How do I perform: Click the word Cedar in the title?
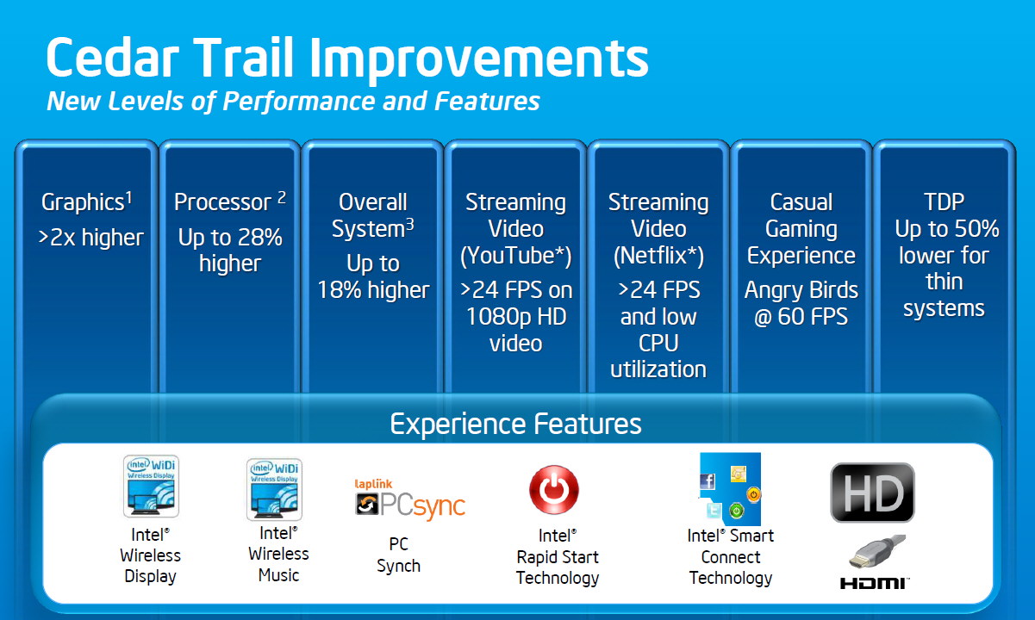pyautogui.click(x=112, y=57)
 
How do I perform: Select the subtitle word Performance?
pyautogui.click(x=299, y=102)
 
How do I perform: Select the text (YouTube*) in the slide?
pyautogui.click(x=515, y=256)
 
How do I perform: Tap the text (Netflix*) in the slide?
pyautogui.click(x=658, y=256)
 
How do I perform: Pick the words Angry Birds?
pyautogui.click(x=801, y=290)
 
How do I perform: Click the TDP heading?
pyautogui.click(x=944, y=201)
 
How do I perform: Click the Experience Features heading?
pyautogui.click(x=515, y=424)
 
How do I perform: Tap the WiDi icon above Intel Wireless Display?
pyautogui.click(x=151, y=486)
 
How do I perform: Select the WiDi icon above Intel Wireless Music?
pyautogui.click(x=274, y=489)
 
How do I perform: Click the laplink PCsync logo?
pyautogui.click(x=410, y=500)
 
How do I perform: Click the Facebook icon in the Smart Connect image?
pyautogui.click(x=708, y=481)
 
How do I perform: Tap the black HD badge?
pyautogui.click(x=872, y=493)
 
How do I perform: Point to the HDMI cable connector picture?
pyautogui.click(x=876, y=552)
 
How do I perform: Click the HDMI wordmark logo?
pyautogui.click(x=874, y=584)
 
